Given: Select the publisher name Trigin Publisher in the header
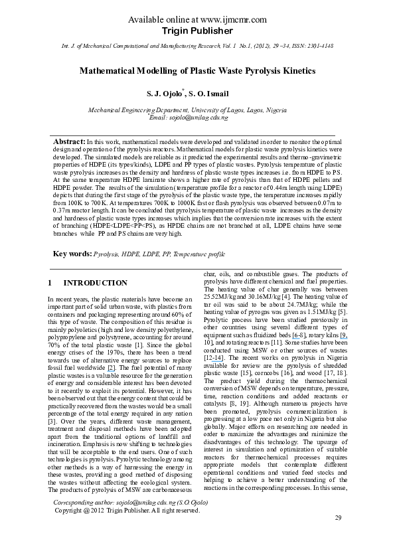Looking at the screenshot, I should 197,30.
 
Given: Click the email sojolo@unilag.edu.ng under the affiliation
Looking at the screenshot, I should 198,118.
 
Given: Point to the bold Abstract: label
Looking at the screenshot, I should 69,143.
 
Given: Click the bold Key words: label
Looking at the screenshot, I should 72,254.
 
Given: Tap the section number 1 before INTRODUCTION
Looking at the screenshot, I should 50,283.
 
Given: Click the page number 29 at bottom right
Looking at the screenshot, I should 338,536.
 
